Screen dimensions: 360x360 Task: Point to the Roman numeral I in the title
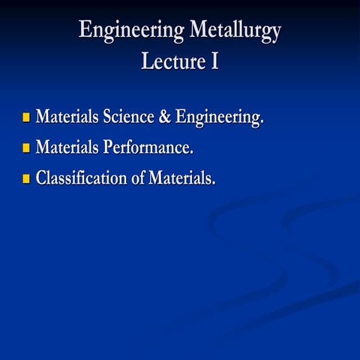[x=214, y=61]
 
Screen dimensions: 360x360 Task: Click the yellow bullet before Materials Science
[x=26, y=118]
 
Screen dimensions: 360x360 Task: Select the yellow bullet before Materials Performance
[x=26, y=148]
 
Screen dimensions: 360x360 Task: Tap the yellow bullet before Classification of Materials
[x=26, y=179]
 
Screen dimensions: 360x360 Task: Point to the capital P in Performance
[x=108, y=148]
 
